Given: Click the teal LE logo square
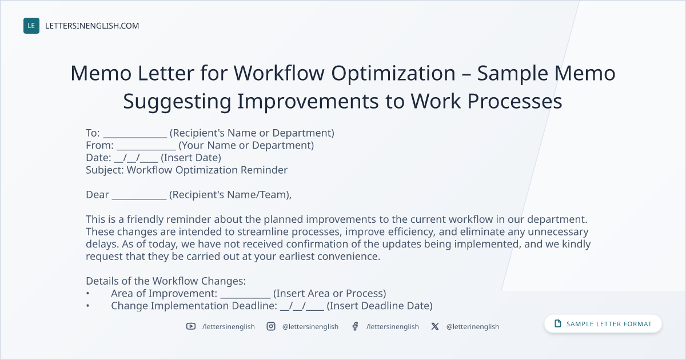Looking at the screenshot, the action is point(31,26).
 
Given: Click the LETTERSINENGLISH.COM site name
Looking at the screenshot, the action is point(92,26).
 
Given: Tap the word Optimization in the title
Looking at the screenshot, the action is point(393,74).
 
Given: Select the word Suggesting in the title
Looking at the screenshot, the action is point(177,102).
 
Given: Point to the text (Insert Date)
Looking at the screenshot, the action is point(191,158).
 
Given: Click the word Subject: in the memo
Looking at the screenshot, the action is point(105,170).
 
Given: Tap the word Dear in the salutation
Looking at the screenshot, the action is point(97,195).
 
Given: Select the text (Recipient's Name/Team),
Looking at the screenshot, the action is point(230,195).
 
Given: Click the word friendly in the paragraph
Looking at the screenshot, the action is point(145,219).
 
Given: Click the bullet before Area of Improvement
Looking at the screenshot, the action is point(87,294).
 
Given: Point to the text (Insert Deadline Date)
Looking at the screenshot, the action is point(380,306).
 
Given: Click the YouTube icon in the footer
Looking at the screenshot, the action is point(191,326).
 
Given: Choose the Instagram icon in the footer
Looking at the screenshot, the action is point(271,326).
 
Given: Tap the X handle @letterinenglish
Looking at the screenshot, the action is point(473,327).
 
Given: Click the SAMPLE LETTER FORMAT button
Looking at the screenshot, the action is point(603,324).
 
